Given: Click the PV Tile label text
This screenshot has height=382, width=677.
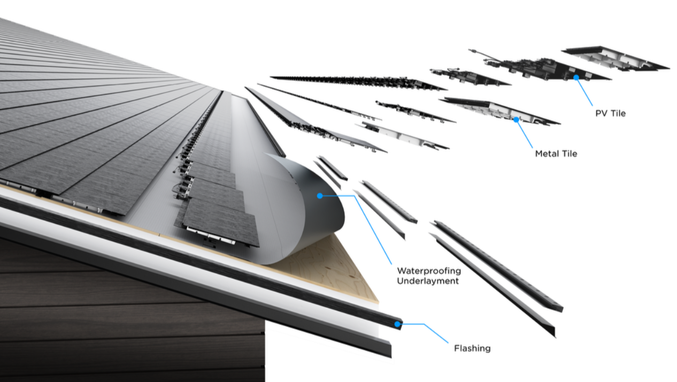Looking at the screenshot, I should (610, 113).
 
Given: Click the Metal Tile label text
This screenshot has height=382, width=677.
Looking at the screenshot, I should (556, 154).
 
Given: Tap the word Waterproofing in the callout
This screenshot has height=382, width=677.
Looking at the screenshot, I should (428, 271).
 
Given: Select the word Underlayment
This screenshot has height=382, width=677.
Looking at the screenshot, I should (427, 281).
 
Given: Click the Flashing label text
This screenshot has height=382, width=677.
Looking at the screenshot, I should (472, 349).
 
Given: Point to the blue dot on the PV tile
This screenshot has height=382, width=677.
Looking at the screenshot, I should (576, 78).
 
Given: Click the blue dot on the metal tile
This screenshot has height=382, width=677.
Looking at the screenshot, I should (516, 120).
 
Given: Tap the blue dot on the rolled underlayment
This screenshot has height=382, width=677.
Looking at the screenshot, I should (320, 196).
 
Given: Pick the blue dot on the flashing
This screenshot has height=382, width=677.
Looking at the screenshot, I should (398, 324).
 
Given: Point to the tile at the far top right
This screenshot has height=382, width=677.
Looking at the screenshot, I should (615, 58).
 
